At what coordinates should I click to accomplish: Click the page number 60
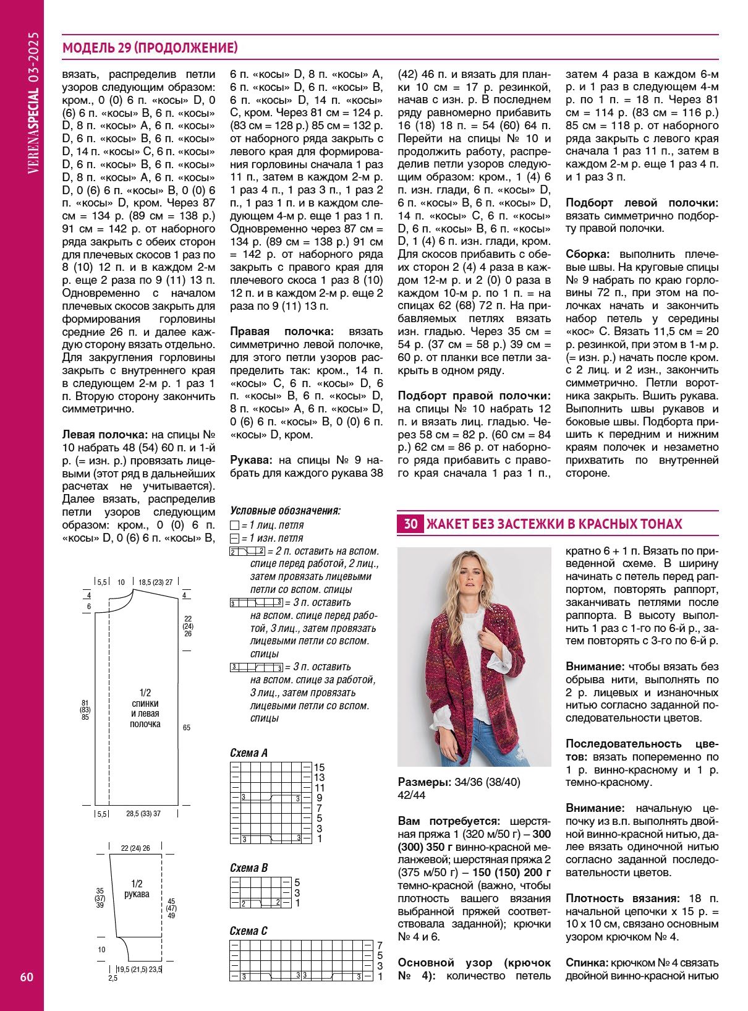click(27, 977)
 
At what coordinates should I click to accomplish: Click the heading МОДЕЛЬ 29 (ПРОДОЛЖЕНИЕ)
click(150, 48)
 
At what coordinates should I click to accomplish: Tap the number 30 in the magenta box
click(410, 524)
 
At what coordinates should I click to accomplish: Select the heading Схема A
click(249, 753)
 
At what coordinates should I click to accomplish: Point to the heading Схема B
click(249, 868)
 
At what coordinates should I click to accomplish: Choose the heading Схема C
click(249, 931)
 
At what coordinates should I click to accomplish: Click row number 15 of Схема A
click(319, 767)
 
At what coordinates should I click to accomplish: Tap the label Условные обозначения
click(285, 511)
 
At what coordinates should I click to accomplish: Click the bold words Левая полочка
click(105, 435)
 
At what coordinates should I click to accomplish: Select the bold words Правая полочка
click(281, 332)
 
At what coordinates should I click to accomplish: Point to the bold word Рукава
click(251, 460)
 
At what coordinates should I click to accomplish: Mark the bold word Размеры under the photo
click(424, 782)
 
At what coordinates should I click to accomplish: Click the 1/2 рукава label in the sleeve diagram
click(137, 889)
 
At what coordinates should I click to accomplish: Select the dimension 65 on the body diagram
click(187, 728)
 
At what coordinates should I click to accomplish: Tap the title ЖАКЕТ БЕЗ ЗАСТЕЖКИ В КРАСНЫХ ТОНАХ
click(555, 524)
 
